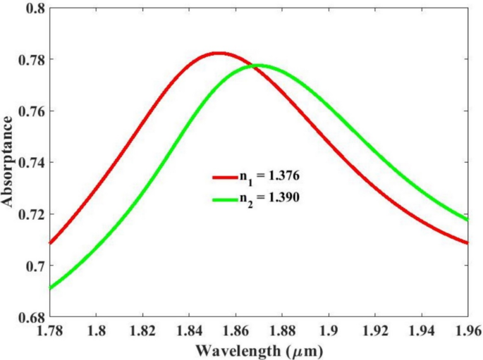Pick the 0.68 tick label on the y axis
[32, 318]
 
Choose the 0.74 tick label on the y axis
[32, 163]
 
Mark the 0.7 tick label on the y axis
[35, 266]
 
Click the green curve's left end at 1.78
[50, 288]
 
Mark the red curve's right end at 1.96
[467, 243]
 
